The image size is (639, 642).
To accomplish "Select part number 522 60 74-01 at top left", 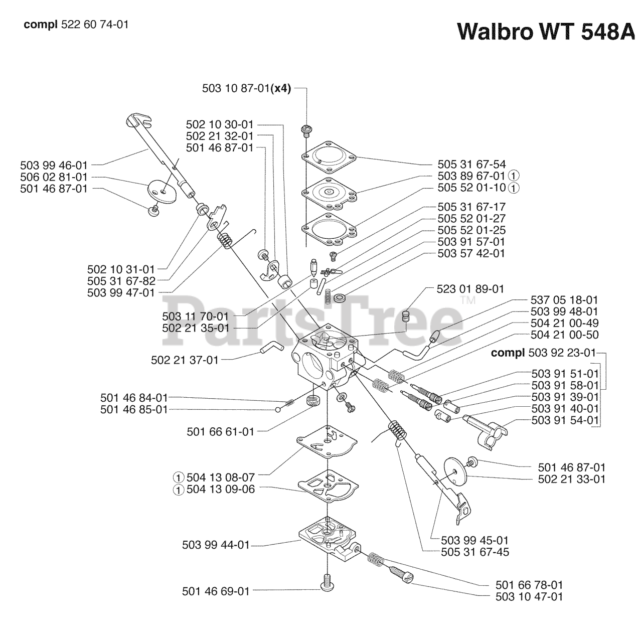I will coord(94,24).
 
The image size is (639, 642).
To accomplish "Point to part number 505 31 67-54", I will coord(471,165).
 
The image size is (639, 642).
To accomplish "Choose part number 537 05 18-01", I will coord(564,300).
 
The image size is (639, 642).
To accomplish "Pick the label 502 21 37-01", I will coord(185,360).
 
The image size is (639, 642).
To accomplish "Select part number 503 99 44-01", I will coord(216,545).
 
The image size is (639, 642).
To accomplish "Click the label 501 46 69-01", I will coord(216,591).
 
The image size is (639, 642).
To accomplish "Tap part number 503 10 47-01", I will coord(529,596).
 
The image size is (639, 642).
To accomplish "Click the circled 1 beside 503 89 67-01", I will coord(513,176).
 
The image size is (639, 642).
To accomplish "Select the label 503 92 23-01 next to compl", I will coord(562,353).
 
